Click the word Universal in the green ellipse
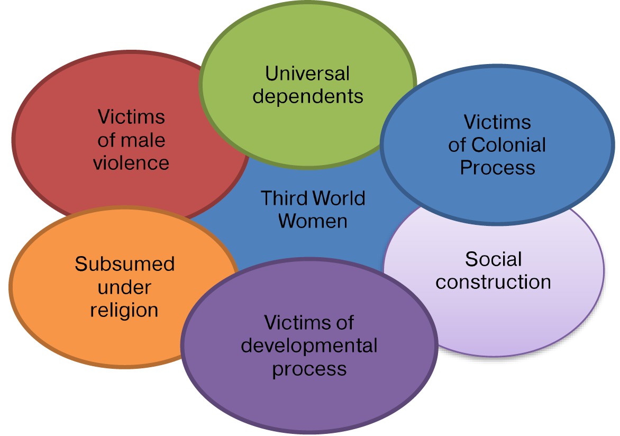tap(307, 74)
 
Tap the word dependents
tap(307, 96)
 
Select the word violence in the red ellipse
tap(131, 162)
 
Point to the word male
tap(143, 140)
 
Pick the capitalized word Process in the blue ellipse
tap(497, 167)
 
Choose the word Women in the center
tap(313, 221)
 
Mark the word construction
tap(493, 281)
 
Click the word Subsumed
tap(125, 264)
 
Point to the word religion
tap(124, 310)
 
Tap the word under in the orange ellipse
tap(124, 287)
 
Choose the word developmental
tap(309, 345)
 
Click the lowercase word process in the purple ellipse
tap(309, 368)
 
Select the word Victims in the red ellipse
tap(131, 116)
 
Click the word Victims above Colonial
tap(497, 122)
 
